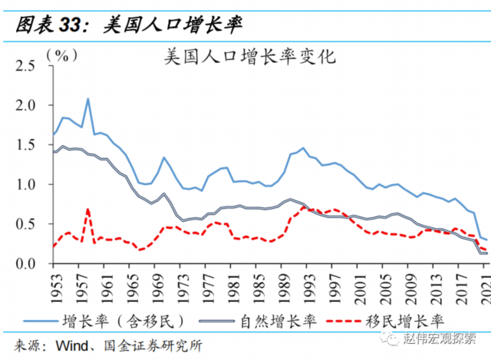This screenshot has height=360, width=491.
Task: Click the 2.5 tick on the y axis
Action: click(x=26, y=66)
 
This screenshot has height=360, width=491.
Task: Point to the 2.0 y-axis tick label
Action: click(x=26, y=105)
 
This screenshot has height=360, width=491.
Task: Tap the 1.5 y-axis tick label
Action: click(x=26, y=145)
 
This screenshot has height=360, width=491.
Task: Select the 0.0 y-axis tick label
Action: click(x=26, y=264)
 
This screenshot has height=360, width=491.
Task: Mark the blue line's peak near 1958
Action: click(x=88, y=98)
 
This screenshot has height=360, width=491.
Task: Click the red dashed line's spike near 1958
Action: click(x=88, y=209)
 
